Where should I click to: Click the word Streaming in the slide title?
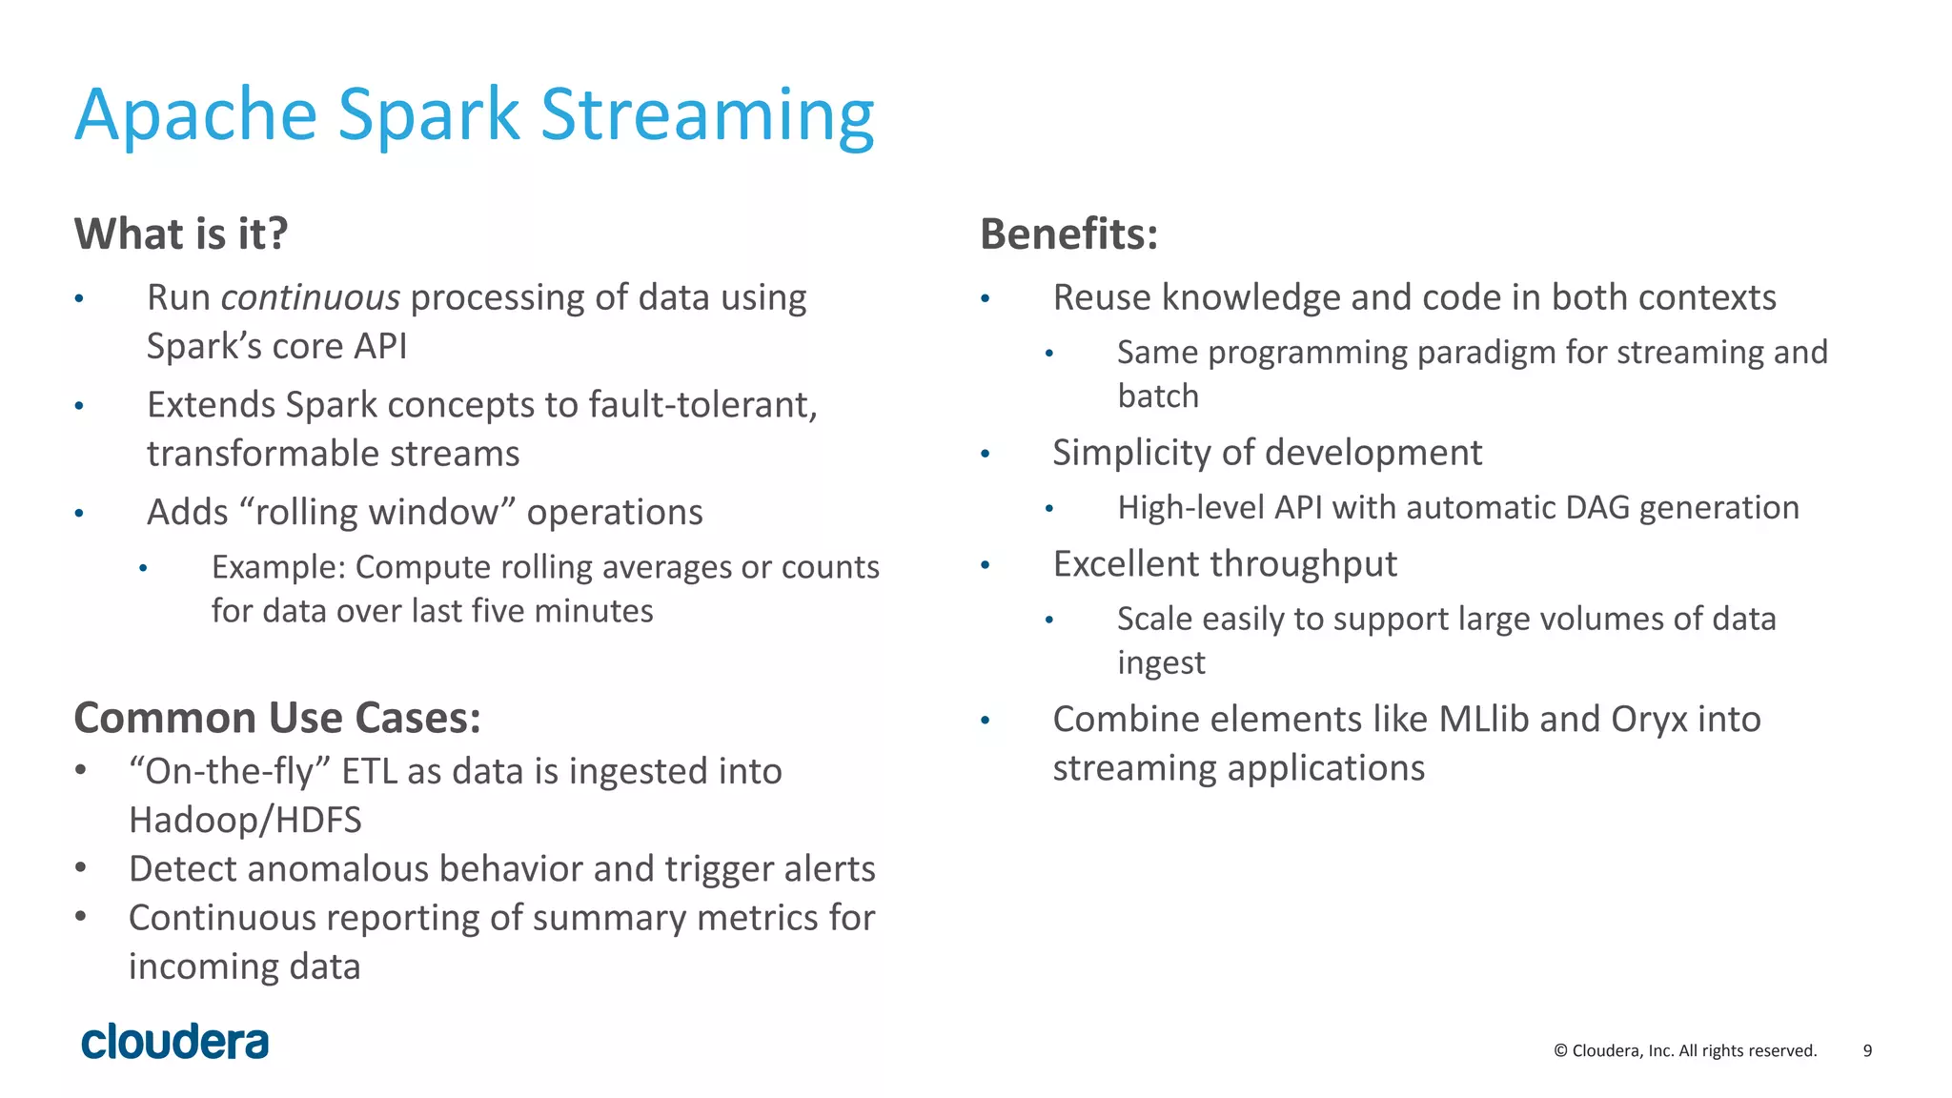pyautogui.click(x=707, y=115)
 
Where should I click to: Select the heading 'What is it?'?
pyautogui.click(x=181, y=234)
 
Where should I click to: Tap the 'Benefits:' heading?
pyautogui.click(x=1068, y=234)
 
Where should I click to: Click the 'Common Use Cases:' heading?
pyautogui.click(x=277, y=718)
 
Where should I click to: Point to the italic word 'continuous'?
pyautogui.click(x=310, y=298)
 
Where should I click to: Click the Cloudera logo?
pyautogui.click(x=175, y=1042)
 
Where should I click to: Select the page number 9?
pyautogui.click(x=1867, y=1050)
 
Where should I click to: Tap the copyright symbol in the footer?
pyautogui.click(x=1560, y=1050)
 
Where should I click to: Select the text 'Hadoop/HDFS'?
pyautogui.click(x=245, y=820)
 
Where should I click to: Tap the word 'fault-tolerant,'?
pyautogui.click(x=703, y=405)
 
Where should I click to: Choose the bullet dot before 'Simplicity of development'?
pyautogui.click(x=986, y=455)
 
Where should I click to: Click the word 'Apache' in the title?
pyautogui.click(x=195, y=115)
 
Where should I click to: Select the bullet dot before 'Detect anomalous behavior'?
pyautogui.click(x=81, y=867)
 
